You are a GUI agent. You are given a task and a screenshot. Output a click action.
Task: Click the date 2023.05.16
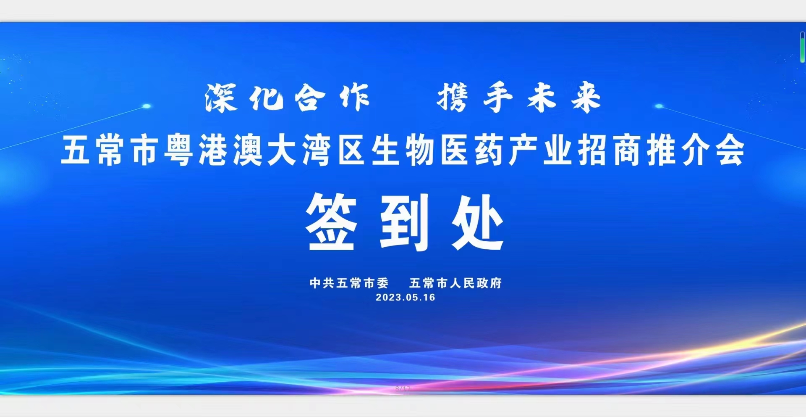[406, 298]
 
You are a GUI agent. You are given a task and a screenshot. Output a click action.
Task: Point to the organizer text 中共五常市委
[349, 283]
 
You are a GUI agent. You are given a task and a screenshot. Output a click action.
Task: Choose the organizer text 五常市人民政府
[455, 283]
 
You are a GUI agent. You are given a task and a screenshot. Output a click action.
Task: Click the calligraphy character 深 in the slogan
[221, 98]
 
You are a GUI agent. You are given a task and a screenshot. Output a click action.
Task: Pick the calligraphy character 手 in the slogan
[498, 98]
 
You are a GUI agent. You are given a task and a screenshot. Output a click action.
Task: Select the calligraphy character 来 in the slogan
[586, 98]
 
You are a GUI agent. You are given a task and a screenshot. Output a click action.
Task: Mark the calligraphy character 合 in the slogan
[310, 98]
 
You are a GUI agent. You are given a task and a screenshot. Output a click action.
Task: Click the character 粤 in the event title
[178, 150]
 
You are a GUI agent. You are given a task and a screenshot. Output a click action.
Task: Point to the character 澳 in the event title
[248, 150]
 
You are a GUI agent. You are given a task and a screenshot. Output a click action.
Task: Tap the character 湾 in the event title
[317, 150]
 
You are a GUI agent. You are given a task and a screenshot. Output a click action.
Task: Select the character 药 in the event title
[489, 150]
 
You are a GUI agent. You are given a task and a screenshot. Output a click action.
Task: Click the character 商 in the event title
[627, 150]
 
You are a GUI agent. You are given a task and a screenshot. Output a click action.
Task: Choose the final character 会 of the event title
[730, 150]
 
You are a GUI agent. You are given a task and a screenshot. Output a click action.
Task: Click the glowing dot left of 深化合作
[147, 106]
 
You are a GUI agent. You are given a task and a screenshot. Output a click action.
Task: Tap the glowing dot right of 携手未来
[659, 106]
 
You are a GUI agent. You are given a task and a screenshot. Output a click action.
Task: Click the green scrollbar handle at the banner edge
[802, 48]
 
